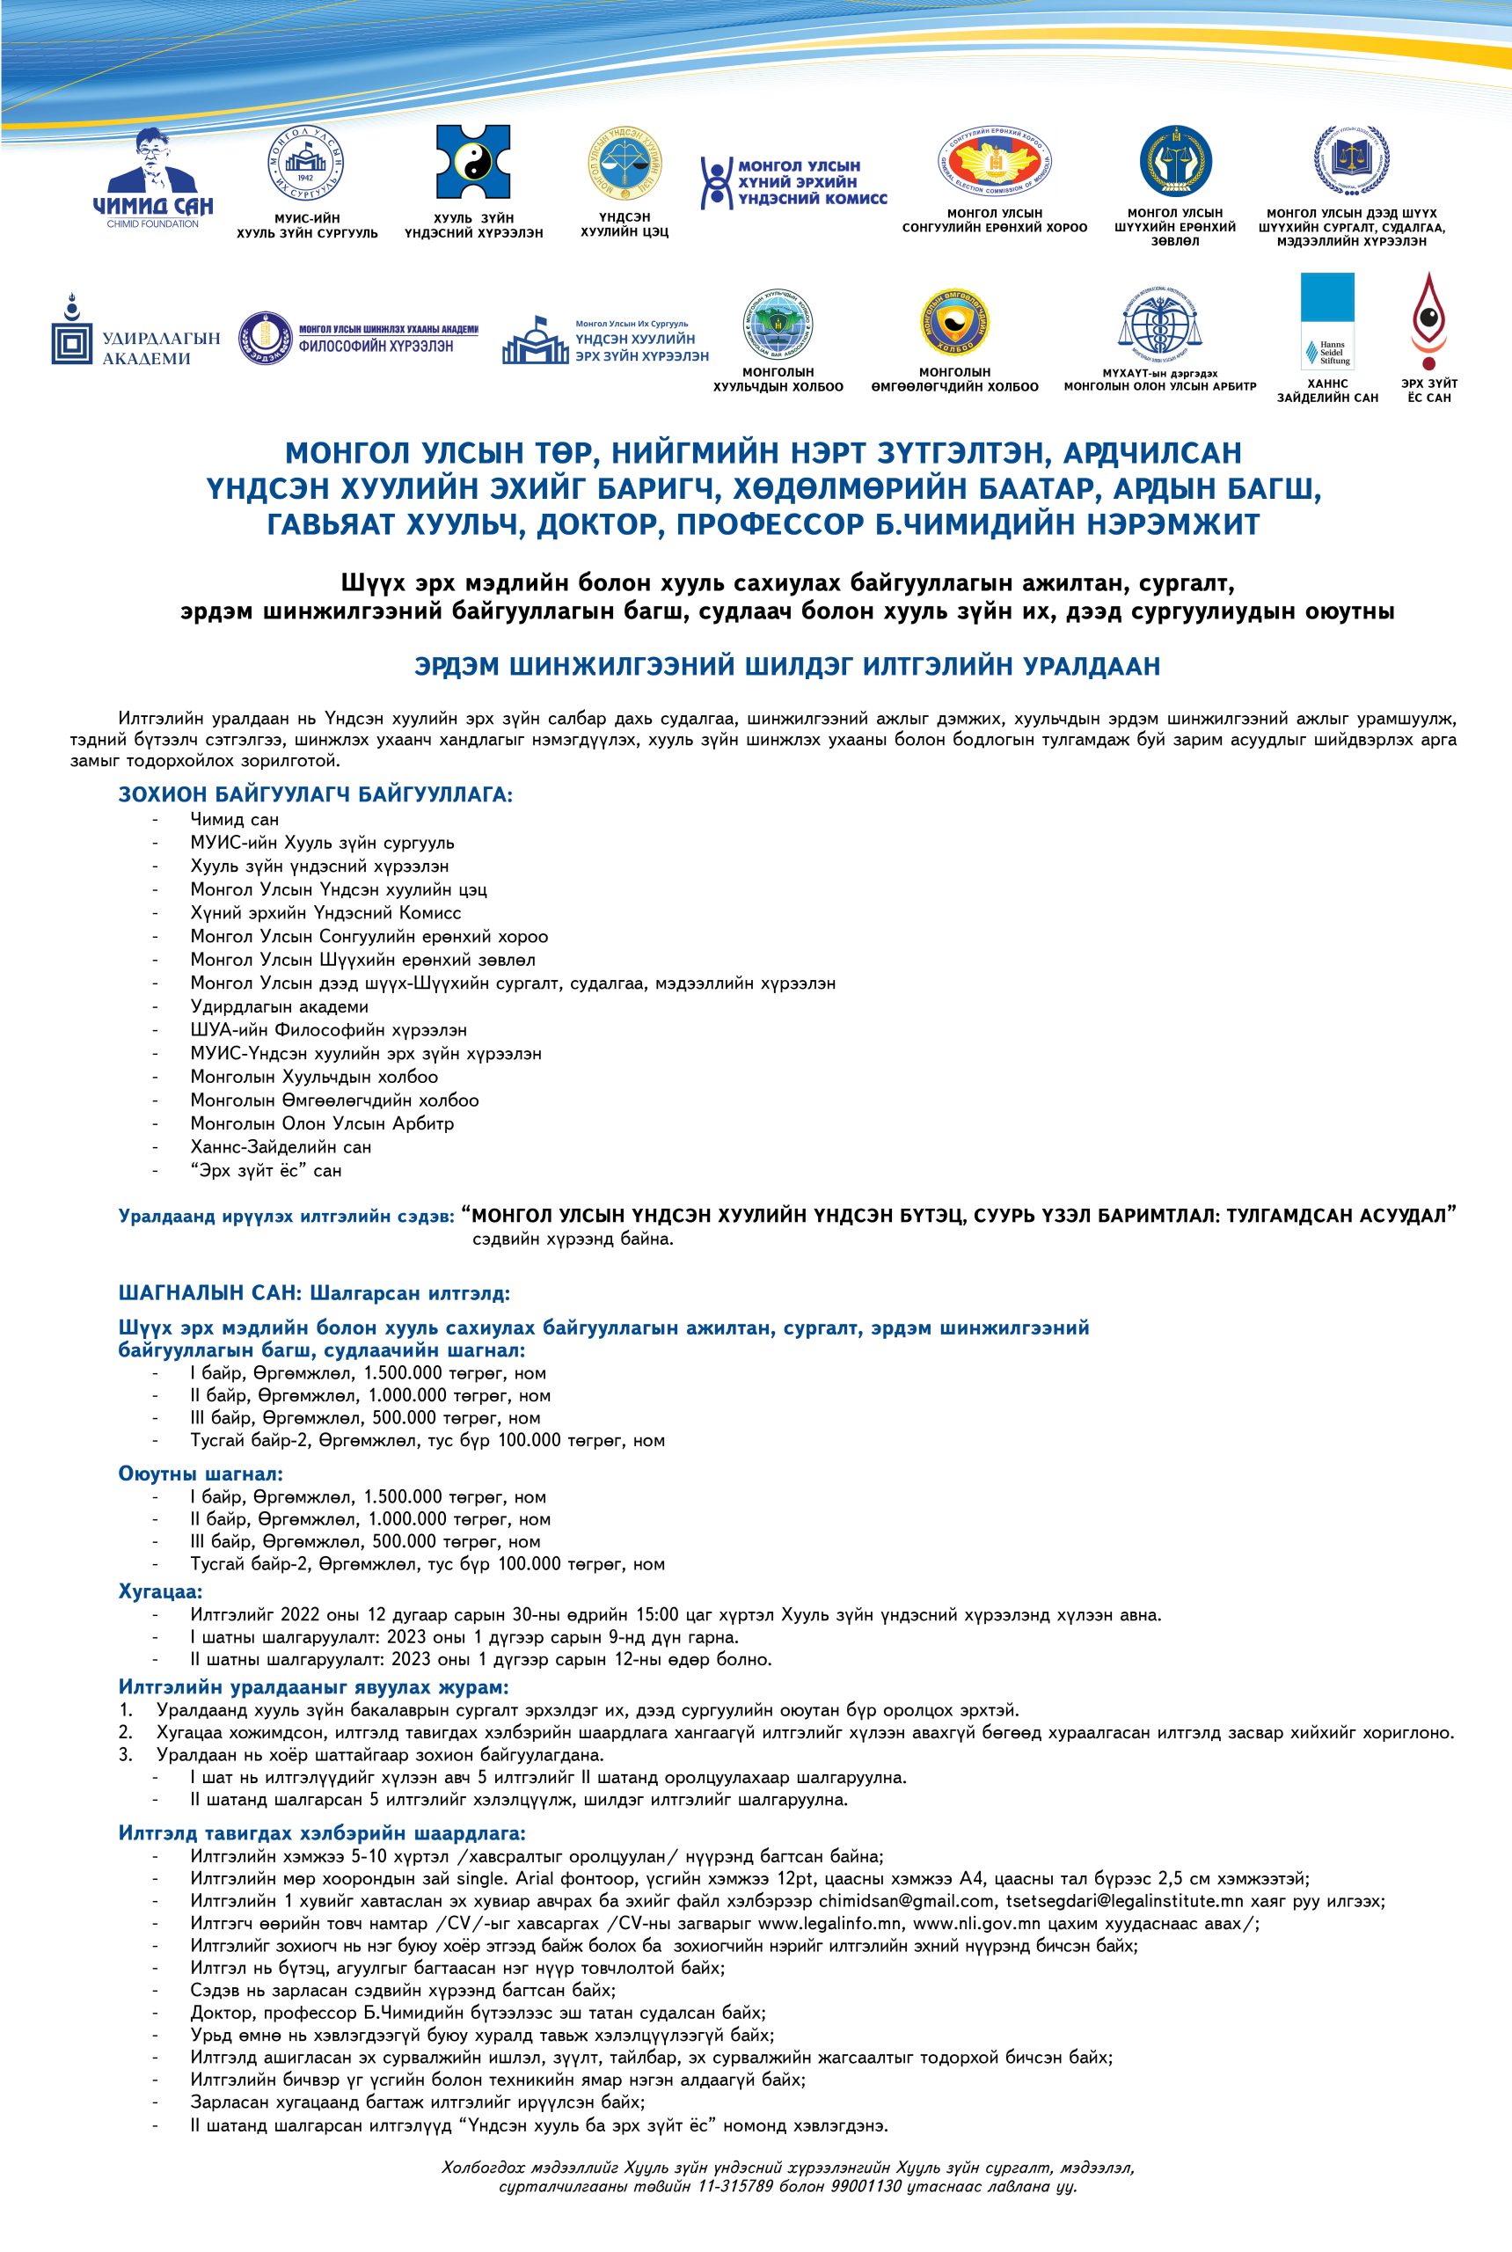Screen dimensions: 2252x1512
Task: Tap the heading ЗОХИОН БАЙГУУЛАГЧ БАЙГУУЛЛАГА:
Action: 314,794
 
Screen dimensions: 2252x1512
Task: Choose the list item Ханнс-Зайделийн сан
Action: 281,1147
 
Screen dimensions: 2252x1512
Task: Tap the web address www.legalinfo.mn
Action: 829,1922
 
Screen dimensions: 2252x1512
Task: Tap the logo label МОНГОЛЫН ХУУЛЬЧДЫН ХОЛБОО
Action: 778,379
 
